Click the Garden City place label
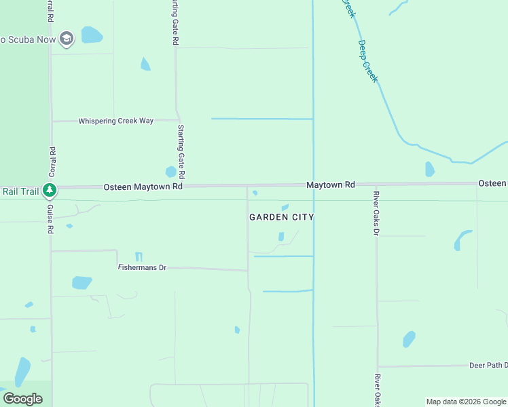pos(281,217)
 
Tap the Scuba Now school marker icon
pos(67,39)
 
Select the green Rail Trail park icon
pos(49,191)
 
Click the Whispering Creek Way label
pos(115,121)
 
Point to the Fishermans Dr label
pos(142,268)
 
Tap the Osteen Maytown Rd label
pos(143,187)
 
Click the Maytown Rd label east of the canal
pos(331,185)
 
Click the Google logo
pos(22,398)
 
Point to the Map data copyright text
pos(466,402)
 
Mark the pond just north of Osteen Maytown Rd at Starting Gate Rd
pos(170,172)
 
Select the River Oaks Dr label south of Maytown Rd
pos(376,213)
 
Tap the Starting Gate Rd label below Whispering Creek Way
pos(181,151)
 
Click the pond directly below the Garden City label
pos(281,236)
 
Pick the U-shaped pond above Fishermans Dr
pos(139,256)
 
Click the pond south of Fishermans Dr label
pos(81,282)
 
